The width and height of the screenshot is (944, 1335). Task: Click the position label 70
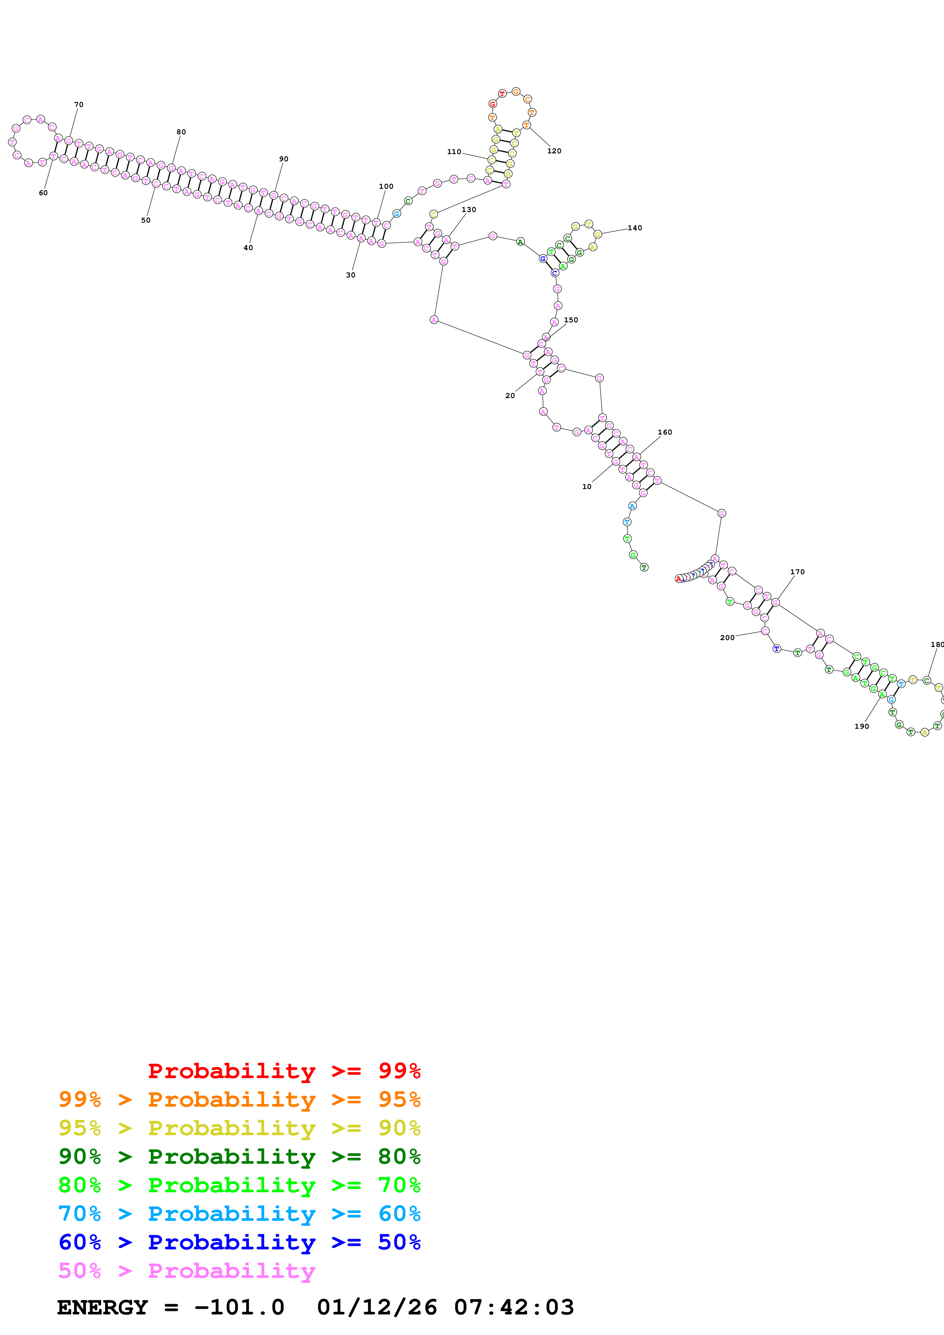coord(78,105)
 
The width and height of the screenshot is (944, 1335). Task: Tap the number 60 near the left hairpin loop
coord(43,193)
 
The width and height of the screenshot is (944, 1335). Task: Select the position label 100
coord(386,186)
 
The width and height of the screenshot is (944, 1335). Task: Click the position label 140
coord(634,228)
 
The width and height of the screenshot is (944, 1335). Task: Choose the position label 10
coord(587,487)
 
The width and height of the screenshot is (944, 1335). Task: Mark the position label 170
coord(797,572)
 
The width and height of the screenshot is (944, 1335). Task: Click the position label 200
coord(727,638)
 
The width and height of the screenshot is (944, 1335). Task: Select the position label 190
coord(861,726)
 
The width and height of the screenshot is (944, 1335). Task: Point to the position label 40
coord(248,248)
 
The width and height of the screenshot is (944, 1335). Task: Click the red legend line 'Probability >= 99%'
coord(284,1071)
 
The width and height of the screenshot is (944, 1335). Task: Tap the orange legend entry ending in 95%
coord(239,1099)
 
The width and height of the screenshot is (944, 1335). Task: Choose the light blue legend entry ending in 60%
coord(239,1214)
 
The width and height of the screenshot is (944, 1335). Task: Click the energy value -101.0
coord(239,1307)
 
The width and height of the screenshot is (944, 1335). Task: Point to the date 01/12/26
coord(377,1307)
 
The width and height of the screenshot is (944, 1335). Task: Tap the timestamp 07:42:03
coord(514,1307)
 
